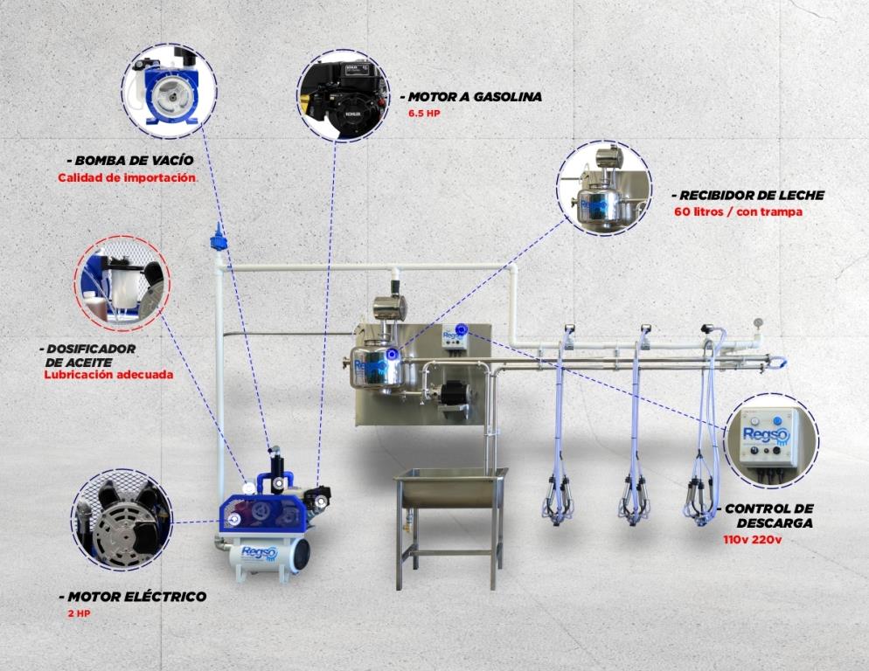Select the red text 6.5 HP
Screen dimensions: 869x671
point(424,114)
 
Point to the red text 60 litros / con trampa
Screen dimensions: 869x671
point(738,211)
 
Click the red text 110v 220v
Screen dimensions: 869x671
point(752,539)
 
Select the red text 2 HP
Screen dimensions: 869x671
point(79,614)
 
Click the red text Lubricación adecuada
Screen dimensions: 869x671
point(108,375)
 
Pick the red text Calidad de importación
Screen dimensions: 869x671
point(127,178)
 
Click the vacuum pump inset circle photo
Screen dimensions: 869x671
point(169,92)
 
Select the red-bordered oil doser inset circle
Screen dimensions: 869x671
point(122,284)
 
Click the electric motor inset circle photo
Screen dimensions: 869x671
point(122,520)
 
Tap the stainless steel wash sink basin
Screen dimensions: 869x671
point(450,488)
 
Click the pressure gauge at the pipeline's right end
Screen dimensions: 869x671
point(757,323)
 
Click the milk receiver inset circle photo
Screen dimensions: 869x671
point(604,189)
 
